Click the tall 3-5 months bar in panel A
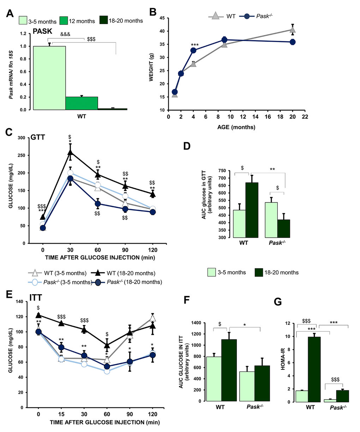(49, 78)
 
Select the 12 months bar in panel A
(82, 103)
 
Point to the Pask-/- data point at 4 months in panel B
(193, 51)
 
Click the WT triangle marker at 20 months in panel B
(293, 30)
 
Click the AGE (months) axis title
(236, 127)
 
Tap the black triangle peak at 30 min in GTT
(70, 152)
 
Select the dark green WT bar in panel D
(252, 210)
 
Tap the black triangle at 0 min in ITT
(38, 315)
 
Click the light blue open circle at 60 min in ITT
(107, 371)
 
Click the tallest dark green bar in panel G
(314, 369)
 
